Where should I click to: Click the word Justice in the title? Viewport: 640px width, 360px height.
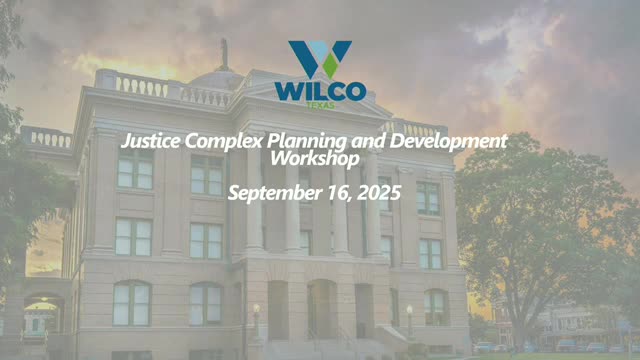click(x=151, y=142)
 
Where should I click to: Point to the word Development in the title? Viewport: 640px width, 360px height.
click(x=449, y=142)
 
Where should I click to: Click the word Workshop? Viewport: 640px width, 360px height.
click(x=315, y=159)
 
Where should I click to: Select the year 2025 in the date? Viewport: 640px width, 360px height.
click(x=379, y=193)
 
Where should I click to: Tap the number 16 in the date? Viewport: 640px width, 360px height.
click(x=340, y=193)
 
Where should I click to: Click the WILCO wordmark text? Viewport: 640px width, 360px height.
click(x=320, y=92)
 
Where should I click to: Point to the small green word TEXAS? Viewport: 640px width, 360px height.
click(x=320, y=106)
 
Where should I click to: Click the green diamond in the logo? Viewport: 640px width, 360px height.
click(x=330, y=65)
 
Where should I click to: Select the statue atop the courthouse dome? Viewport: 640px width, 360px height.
click(x=224, y=53)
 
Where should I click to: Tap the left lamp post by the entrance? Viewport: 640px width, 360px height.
click(x=256, y=321)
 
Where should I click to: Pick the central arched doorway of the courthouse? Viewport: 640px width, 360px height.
click(x=322, y=309)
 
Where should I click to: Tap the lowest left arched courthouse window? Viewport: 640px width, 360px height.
click(x=132, y=303)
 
